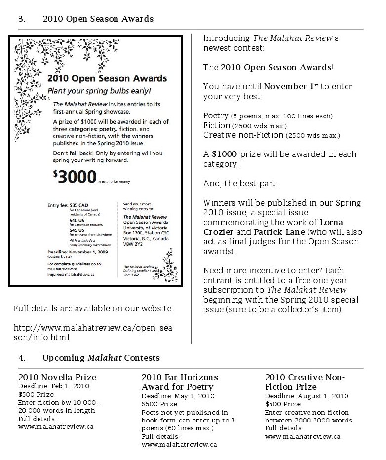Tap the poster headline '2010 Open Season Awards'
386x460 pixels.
107,78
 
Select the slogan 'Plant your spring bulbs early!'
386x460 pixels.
99,91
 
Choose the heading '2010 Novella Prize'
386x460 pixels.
57,377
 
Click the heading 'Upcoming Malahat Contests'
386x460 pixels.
101,357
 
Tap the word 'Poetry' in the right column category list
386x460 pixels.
216,115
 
